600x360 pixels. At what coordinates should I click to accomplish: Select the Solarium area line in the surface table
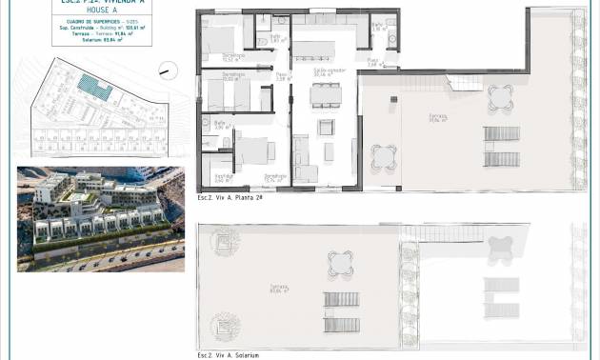[97, 42]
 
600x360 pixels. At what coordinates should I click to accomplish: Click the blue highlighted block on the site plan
[95, 88]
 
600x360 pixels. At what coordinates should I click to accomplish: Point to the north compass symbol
[166, 68]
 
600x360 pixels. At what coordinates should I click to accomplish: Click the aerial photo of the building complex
[93, 217]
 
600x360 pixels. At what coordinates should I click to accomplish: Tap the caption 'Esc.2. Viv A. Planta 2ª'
[229, 195]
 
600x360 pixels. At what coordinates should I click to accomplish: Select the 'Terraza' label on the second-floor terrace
[437, 118]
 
